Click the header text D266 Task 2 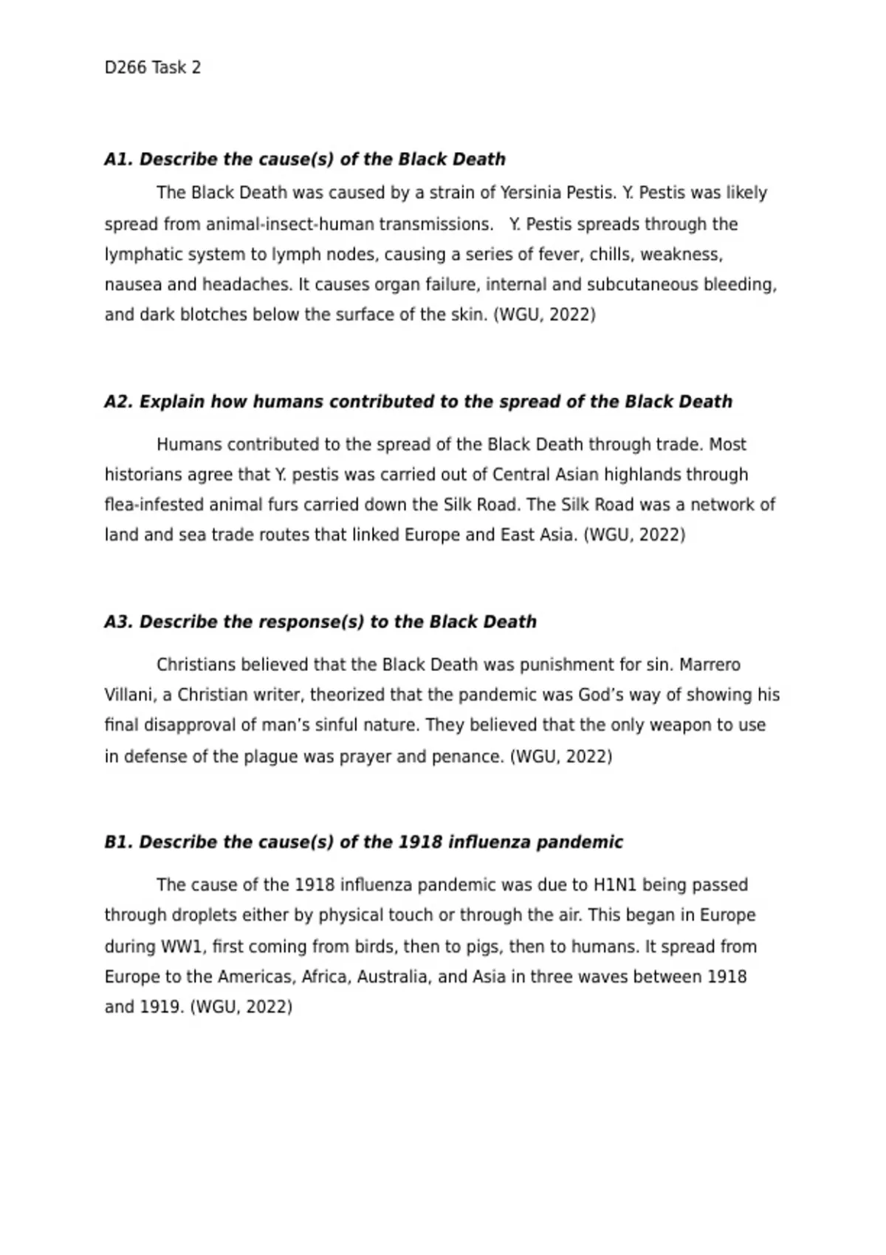tap(152, 68)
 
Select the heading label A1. tap(119, 159)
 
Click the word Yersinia tap(531, 193)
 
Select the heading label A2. tap(119, 402)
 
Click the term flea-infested tap(154, 504)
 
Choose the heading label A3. tap(119, 622)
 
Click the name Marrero tap(710, 664)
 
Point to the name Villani tap(128, 695)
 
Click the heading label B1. tap(118, 842)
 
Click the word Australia tap(393, 977)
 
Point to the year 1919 tap(162, 1007)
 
